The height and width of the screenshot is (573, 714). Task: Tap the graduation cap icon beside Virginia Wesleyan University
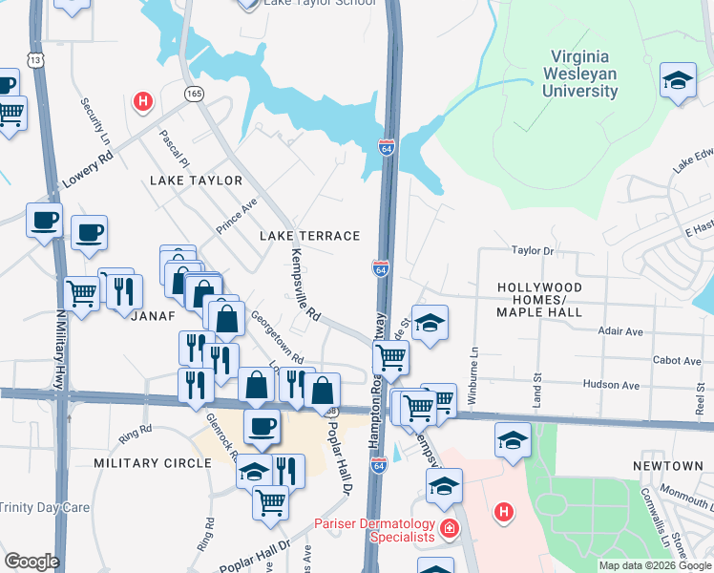677,80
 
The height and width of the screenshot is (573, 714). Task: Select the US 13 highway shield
35,60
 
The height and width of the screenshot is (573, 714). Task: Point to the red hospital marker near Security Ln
143,100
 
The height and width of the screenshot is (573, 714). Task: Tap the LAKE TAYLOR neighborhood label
196,180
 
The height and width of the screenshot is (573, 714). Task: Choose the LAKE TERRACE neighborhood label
310,236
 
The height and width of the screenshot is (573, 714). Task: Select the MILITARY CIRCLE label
153,463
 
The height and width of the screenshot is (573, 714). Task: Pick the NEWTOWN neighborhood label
668,465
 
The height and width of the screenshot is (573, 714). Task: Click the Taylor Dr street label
533,250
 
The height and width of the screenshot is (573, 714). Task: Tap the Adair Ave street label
620,331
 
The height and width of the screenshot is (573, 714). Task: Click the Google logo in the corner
31,562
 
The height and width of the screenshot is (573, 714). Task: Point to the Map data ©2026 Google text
655,565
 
